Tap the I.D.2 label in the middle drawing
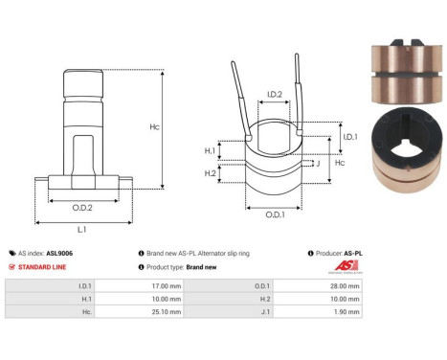click(x=273, y=95)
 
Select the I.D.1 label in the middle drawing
click(x=350, y=138)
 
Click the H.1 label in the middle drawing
click(x=210, y=151)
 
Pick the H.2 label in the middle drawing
click(x=210, y=172)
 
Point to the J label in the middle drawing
click(x=329, y=165)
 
